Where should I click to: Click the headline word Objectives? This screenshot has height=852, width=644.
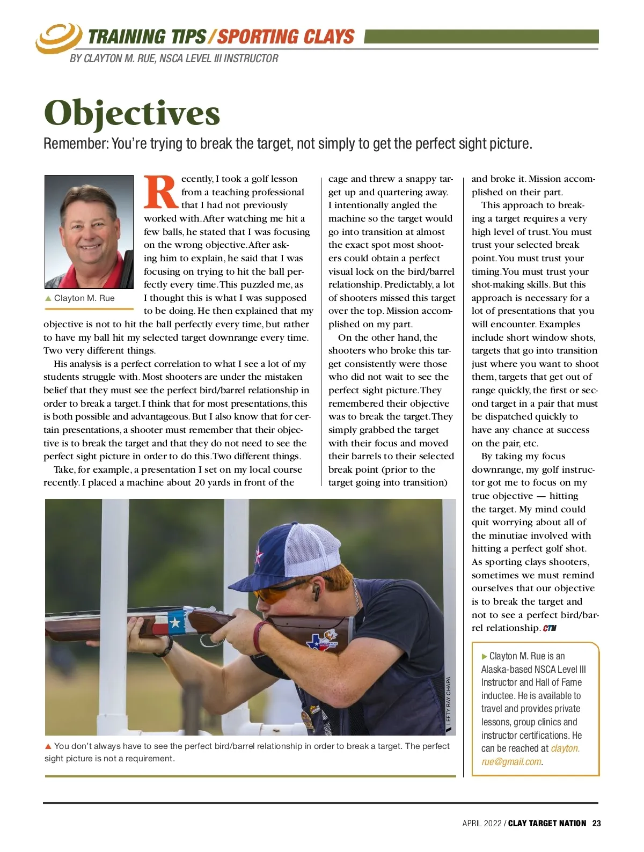[x=132, y=113]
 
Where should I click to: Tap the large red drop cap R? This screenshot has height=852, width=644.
[x=160, y=193]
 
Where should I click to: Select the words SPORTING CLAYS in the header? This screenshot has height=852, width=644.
[x=286, y=37]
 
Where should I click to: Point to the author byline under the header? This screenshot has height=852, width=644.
[x=174, y=58]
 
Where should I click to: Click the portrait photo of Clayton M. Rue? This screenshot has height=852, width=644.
[x=89, y=232]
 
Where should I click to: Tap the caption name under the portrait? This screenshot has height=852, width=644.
[x=84, y=298]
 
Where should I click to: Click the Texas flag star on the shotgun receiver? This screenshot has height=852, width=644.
[x=174, y=623]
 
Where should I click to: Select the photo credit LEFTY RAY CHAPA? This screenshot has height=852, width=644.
[x=449, y=700]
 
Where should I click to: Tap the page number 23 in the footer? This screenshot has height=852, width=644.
[x=596, y=824]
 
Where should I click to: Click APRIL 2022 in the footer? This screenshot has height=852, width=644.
[x=481, y=824]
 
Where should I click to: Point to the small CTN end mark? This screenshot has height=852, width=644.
[x=550, y=628]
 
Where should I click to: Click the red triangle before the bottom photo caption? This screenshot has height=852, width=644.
[x=48, y=746]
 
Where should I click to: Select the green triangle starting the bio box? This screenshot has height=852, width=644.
[x=485, y=656]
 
